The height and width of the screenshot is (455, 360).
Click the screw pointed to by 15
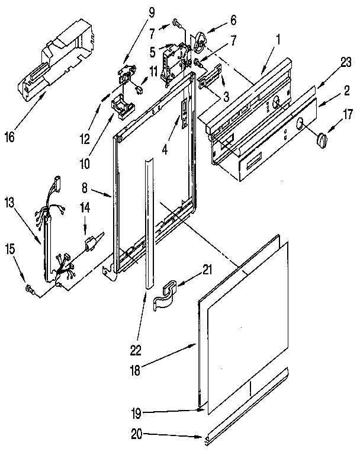pos(30,289)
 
